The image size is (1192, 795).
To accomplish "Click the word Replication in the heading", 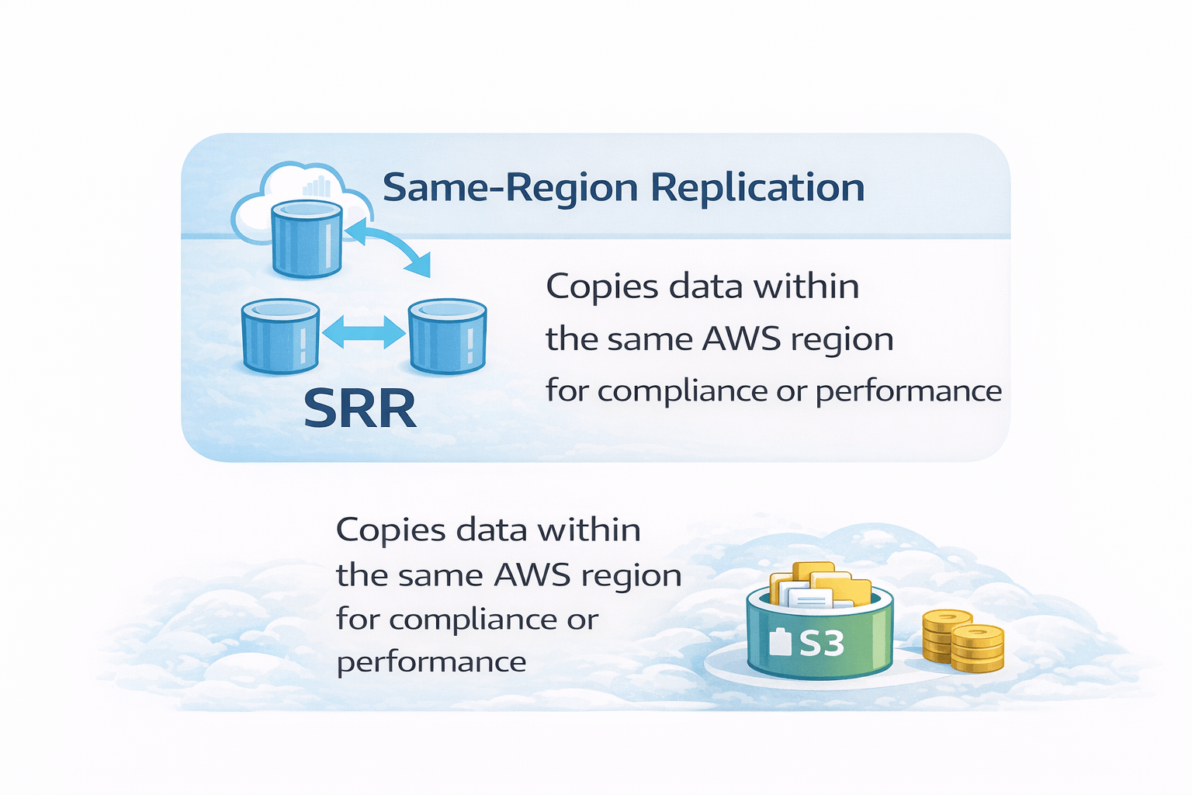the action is coord(757,188).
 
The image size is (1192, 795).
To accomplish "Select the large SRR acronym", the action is coord(359,408).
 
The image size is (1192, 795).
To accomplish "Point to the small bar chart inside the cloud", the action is coord(317,186).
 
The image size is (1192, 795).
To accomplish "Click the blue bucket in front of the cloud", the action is coord(307,238).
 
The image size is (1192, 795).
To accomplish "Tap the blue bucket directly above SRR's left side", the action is coord(279,335).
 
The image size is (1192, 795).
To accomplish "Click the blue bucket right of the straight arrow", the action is coord(448,335).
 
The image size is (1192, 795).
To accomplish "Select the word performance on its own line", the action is coord(431,662).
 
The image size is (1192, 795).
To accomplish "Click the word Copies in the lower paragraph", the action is coord(390,530).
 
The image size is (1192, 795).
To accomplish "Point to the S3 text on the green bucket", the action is coord(821,643).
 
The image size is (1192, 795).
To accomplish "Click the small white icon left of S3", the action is coord(779,643).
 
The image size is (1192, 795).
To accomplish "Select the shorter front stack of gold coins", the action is coord(978,649).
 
